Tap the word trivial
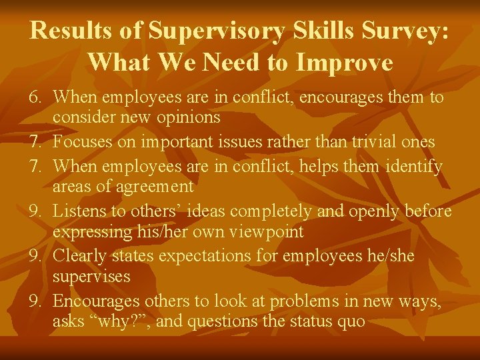(368, 142)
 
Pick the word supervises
(91, 277)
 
